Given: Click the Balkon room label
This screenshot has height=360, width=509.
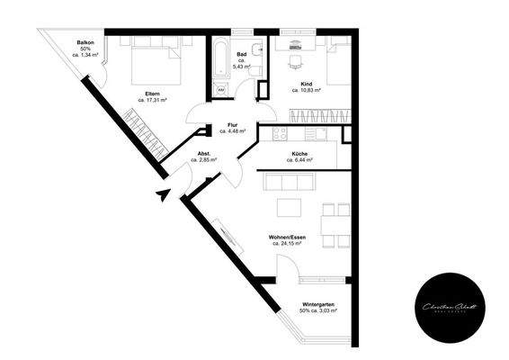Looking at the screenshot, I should (x=85, y=42).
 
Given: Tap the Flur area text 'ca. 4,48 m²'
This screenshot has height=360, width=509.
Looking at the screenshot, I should (x=233, y=131).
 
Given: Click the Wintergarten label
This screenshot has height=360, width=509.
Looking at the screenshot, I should (x=319, y=304).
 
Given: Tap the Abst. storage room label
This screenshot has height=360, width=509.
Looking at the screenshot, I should (x=205, y=154).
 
